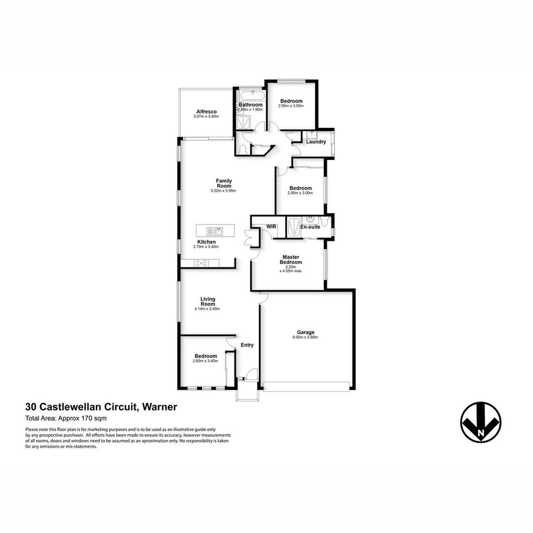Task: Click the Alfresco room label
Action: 206,112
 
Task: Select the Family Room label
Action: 224,183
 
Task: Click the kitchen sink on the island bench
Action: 215,230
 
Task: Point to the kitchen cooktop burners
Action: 201,263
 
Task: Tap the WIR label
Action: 271,227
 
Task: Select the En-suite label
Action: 310,227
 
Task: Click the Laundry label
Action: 316,142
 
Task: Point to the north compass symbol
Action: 481,422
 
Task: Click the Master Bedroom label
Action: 292,260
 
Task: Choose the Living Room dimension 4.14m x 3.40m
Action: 207,309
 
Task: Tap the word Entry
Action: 247,345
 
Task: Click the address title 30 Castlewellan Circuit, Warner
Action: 101,407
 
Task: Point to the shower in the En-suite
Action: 293,227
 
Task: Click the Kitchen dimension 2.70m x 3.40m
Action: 206,247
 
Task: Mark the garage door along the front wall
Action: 306,386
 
